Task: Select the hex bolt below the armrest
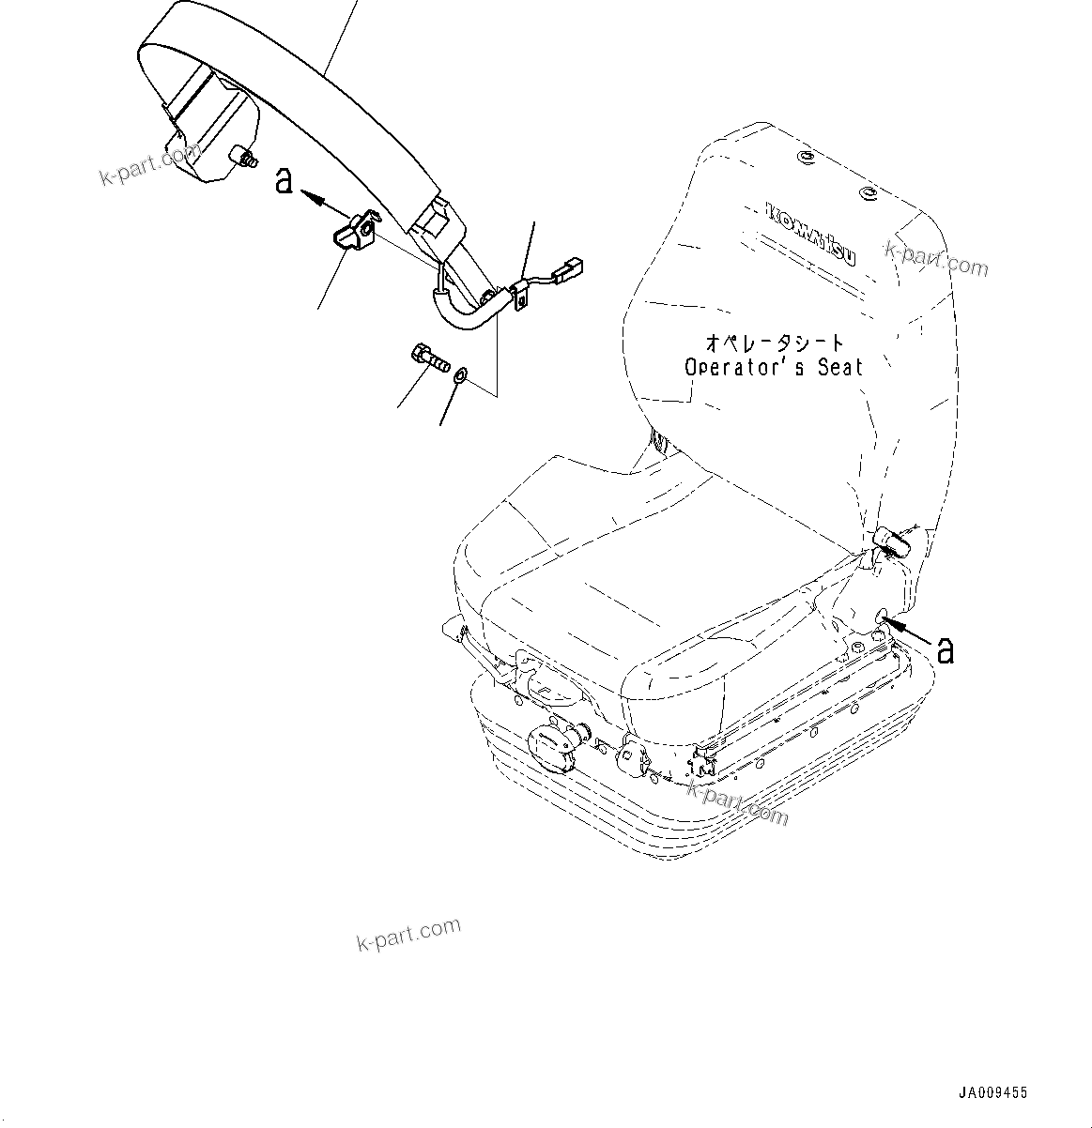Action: click(430, 358)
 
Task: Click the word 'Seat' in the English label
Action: click(838, 367)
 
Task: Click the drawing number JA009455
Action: click(992, 1092)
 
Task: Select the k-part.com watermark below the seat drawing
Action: click(409, 933)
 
